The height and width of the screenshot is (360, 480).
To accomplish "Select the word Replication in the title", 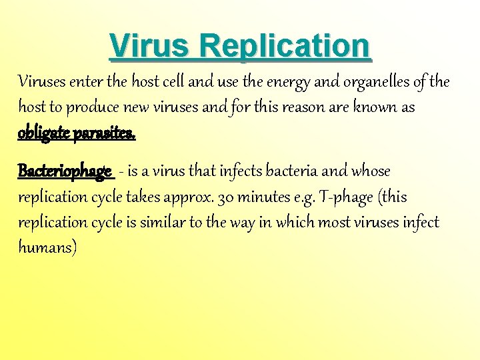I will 284,46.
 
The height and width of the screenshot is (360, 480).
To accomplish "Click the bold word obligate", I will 45,133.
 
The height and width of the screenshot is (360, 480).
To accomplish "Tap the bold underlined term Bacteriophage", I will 65,171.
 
